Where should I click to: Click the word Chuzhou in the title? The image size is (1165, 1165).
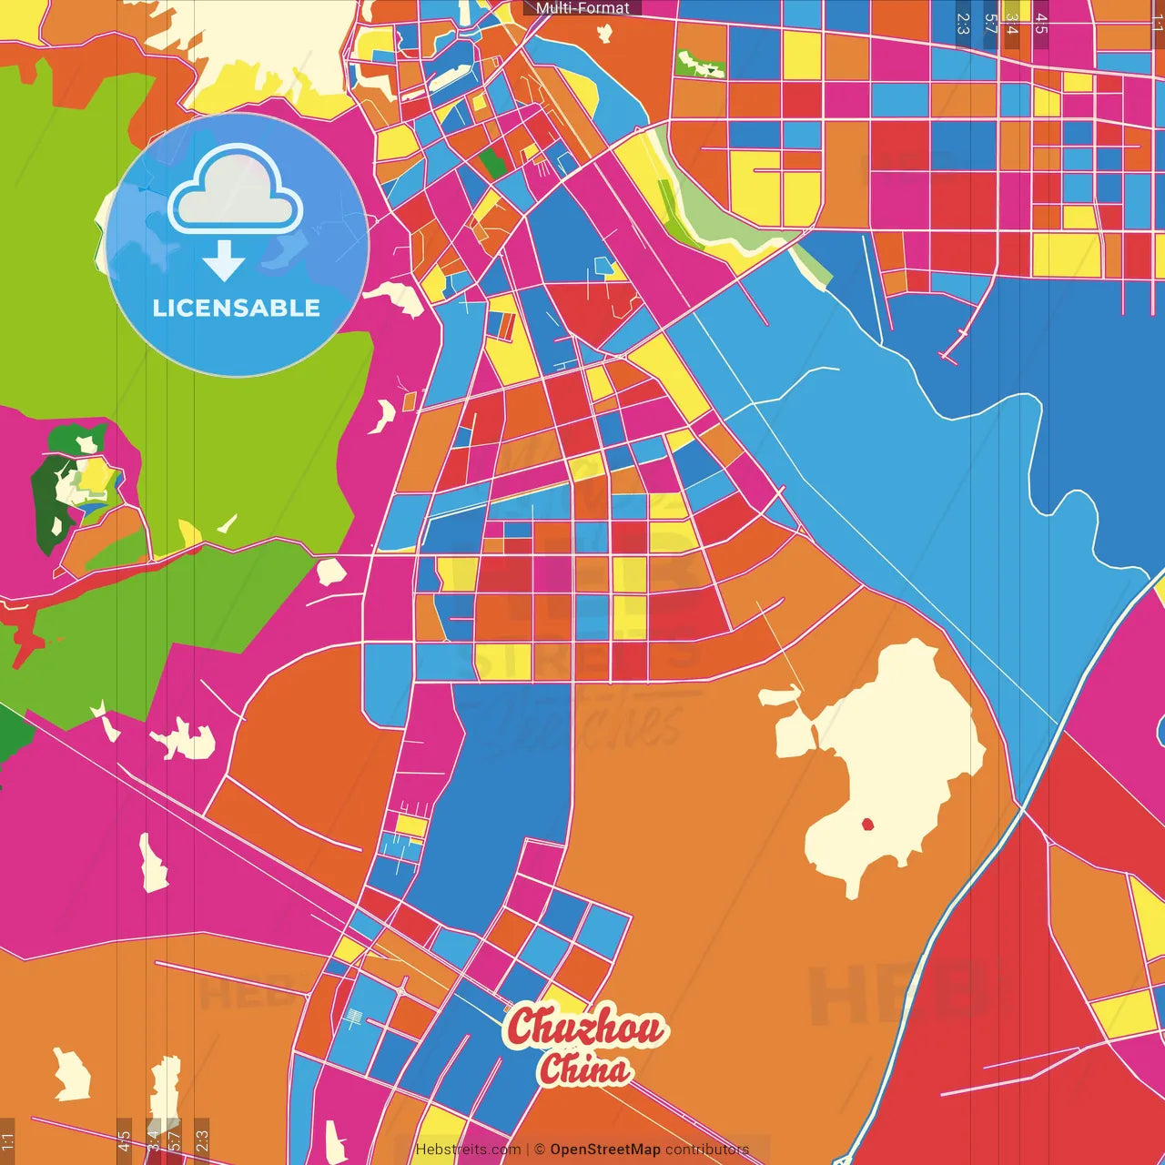tap(587, 1028)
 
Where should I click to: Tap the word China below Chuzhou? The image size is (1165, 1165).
tap(583, 1069)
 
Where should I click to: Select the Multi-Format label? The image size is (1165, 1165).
tap(582, 8)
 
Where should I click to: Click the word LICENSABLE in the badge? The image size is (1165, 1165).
tap(237, 308)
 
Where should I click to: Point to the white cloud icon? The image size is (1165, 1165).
tap(236, 189)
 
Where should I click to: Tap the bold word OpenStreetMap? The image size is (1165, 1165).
tap(605, 1150)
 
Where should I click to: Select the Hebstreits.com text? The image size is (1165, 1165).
tap(468, 1150)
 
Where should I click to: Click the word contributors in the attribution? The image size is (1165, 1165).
tap(707, 1150)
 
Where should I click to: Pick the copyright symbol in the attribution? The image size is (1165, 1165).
tap(540, 1150)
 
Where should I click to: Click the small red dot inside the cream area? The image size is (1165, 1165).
tap(867, 825)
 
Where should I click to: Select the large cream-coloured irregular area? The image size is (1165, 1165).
tap(892, 755)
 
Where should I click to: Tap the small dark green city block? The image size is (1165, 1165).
tap(492, 164)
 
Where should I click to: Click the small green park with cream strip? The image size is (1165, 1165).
tap(700, 64)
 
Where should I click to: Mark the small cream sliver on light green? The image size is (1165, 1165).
tap(227, 524)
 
